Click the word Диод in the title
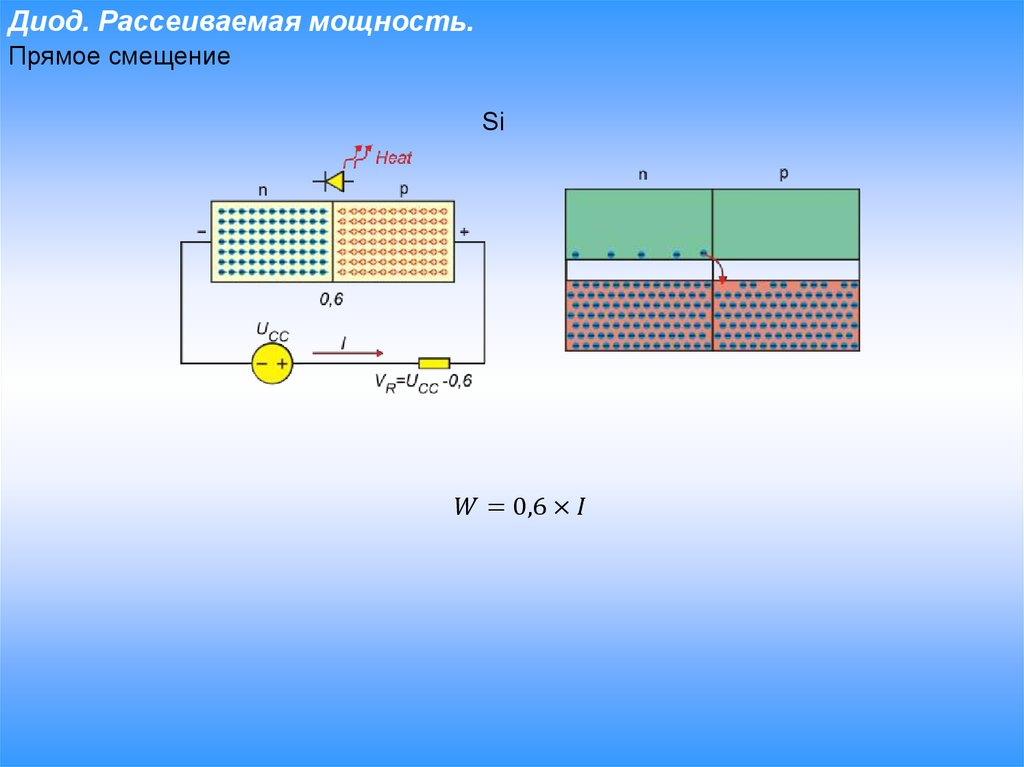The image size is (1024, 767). coord(47,22)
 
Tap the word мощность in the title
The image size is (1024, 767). coord(390,22)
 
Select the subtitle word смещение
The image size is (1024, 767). coord(169,57)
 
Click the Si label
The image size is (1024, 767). coord(493,122)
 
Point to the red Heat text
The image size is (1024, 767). coord(393,157)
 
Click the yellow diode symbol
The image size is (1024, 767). coord(334,181)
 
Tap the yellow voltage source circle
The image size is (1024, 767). coord(272,363)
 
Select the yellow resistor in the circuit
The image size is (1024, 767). coord(434,363)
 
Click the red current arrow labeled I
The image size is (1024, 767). coord(347,353)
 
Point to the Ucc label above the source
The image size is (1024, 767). coord(272,331)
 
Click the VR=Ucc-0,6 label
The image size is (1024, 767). coord(423,383)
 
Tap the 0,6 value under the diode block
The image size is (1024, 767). coord(331,299)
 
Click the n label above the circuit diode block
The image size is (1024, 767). coord(263,191)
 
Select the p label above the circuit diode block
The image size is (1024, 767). coord(404,189)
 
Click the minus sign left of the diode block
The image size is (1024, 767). coord(202,232)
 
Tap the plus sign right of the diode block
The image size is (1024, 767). coord(464,232)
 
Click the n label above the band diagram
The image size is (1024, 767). coord(643,175)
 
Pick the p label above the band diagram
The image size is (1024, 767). coord(784,174)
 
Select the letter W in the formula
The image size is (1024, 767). coord(466,506)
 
